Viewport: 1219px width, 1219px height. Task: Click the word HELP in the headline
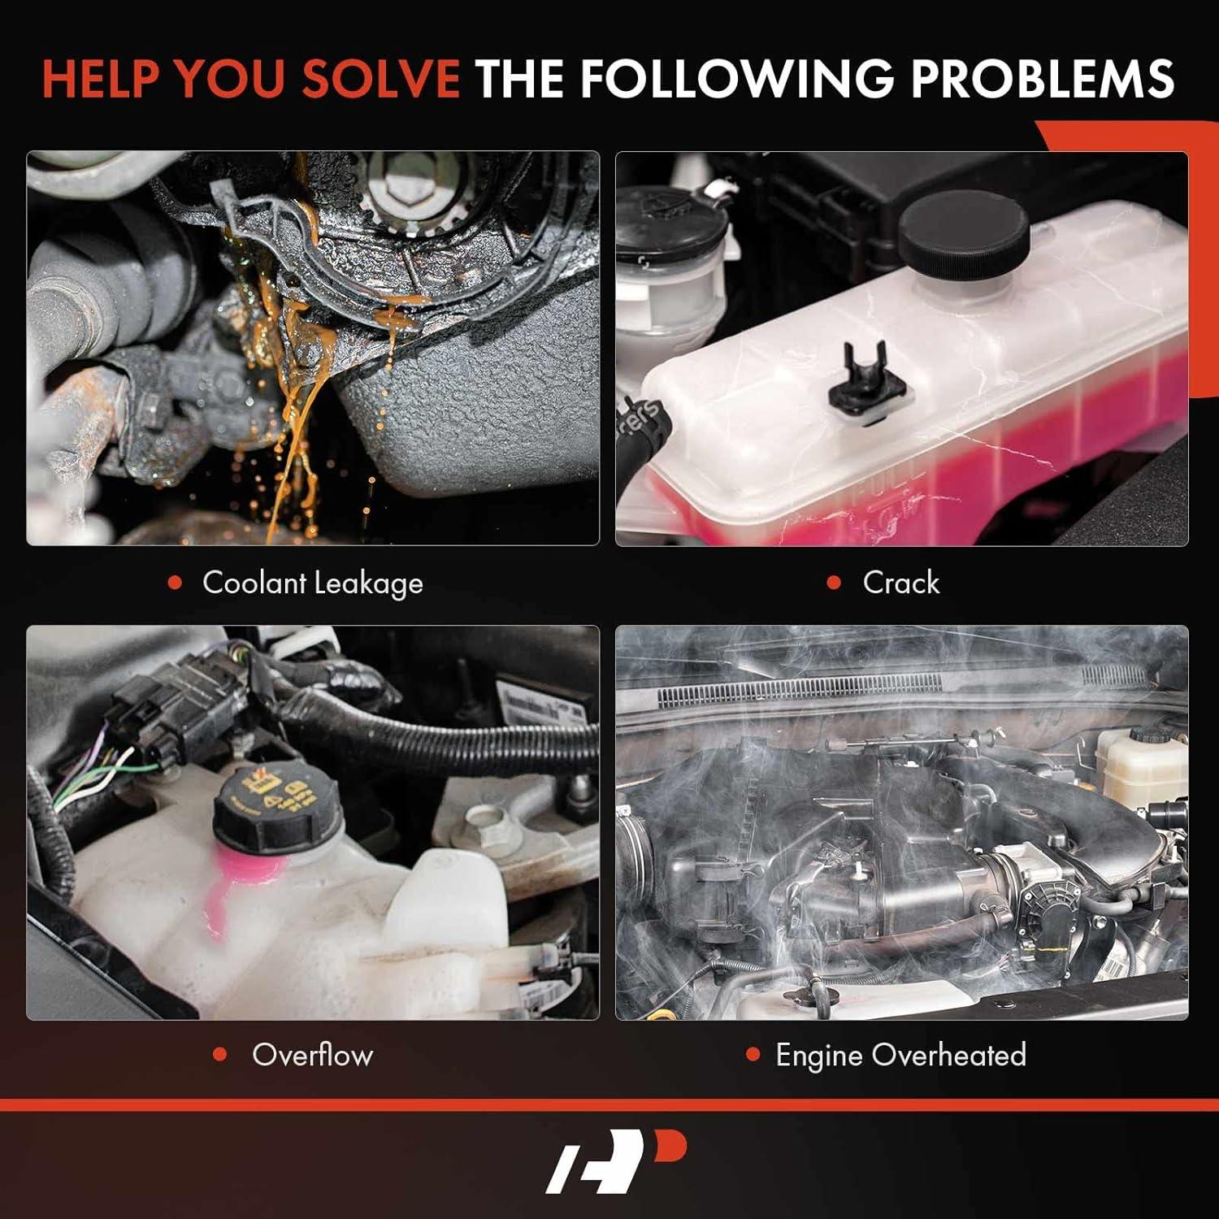[100, 79]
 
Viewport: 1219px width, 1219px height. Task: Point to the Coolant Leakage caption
[313, 583]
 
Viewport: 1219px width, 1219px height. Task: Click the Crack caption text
[900, 583]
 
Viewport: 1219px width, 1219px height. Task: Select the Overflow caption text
[313, 1055]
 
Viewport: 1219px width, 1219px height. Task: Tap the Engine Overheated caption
[900, 1055]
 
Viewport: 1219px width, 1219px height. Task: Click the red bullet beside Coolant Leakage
[175, 583]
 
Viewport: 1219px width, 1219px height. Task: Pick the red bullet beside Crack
[834, 583]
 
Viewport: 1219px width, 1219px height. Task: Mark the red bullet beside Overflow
[219, 1055]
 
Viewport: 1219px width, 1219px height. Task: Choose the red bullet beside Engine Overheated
[753, 1055]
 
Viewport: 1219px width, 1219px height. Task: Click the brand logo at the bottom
[616, 1162]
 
